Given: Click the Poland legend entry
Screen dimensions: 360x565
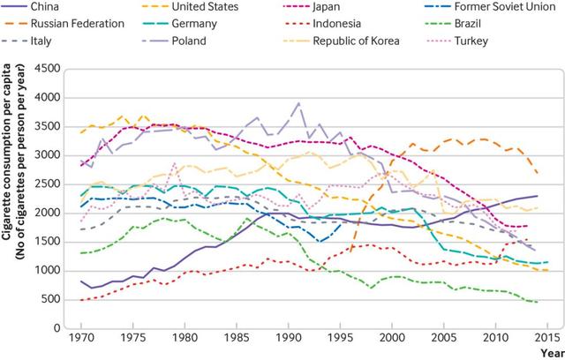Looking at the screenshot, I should pyautogui.click(x=189, y=41).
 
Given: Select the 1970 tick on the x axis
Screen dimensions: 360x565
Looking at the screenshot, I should pyautogui.click(x=80, y=338).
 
